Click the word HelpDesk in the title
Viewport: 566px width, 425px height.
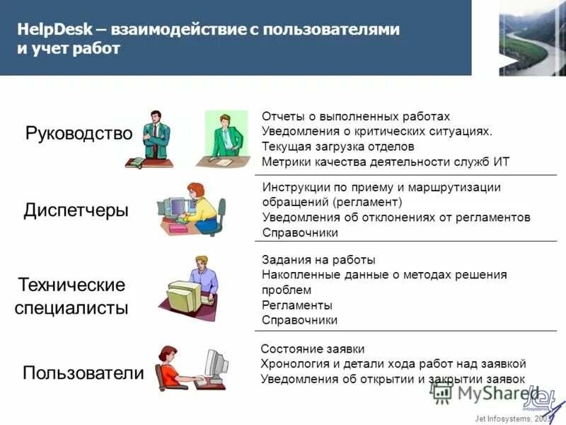pos(47,30)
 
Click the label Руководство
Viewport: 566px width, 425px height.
pos(79,133)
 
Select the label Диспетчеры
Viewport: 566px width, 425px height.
pos(76,210)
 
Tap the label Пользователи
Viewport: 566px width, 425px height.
pos(83,373)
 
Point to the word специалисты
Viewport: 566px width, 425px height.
pos(73,308)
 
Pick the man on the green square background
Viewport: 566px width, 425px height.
pos(225,139)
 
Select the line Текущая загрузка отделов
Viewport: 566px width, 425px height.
pos(337,147)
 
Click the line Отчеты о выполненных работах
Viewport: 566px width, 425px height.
pos(355,116)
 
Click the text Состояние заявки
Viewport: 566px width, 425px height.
pos(313,349)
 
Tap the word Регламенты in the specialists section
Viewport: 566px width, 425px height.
pos(296,305)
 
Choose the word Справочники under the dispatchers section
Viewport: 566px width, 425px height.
pos(300,232)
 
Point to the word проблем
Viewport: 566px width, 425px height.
pos(286,290)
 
